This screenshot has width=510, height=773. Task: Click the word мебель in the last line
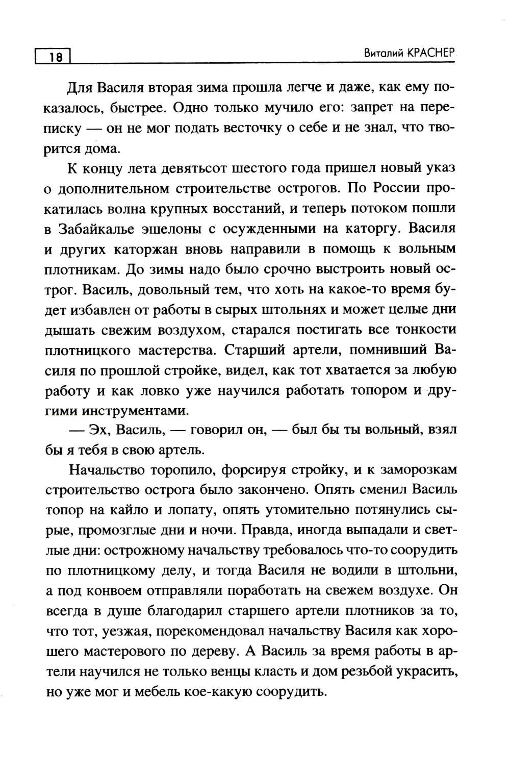point(166,692)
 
